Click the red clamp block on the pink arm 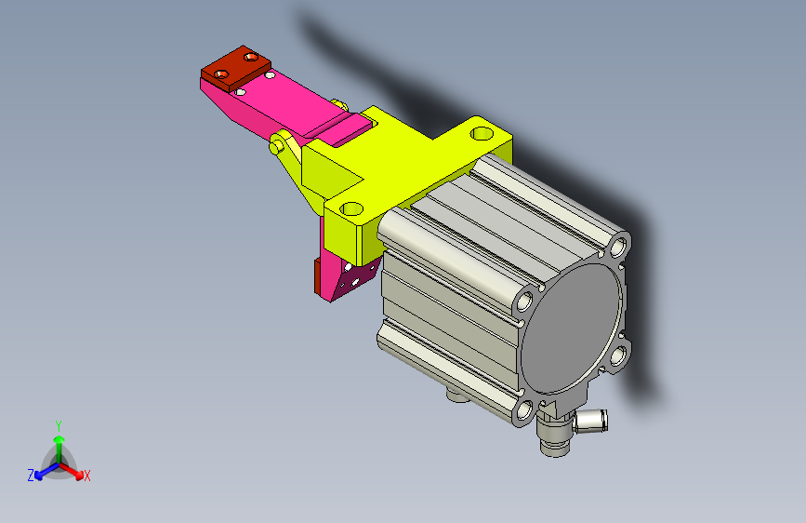pos(236,70)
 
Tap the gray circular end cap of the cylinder pos(572,329)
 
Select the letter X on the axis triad pos(86,476)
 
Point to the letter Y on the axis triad pos(59,425)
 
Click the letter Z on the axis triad pos(31,476)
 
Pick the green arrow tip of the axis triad pos(59,440)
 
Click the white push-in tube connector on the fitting pos(591,420)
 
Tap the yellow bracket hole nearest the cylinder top pos(482,134)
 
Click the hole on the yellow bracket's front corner pos(351,209)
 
